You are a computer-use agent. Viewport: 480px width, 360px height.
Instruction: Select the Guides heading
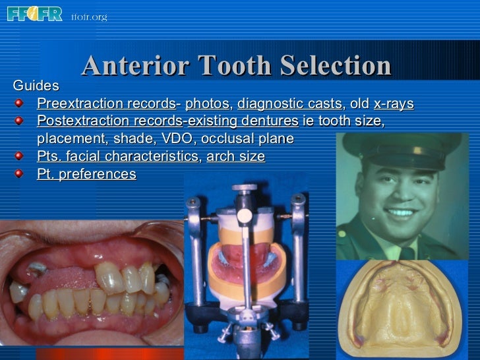(36, 86)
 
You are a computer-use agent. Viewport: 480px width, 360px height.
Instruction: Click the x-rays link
(394, 104)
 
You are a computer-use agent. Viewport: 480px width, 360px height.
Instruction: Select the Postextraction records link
(109, 122)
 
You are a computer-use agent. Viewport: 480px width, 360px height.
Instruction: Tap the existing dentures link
(243, 122)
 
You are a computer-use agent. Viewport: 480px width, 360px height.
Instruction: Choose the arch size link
(235, 157)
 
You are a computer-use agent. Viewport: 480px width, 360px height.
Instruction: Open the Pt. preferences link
(86, 175)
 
